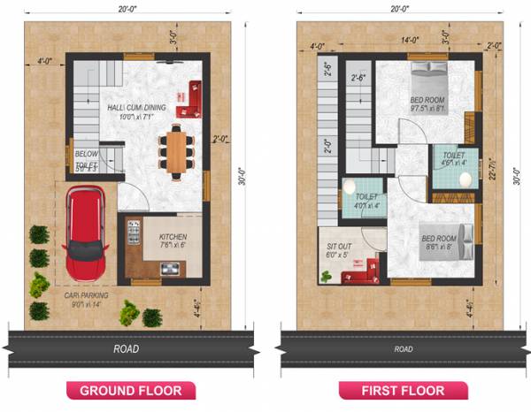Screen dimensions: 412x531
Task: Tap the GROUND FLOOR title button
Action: click(x=131, y=390)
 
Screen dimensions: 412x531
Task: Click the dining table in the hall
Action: click(x=178, y=151)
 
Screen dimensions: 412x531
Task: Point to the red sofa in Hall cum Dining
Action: click(x=190, y=98)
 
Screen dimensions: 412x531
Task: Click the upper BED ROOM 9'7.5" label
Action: click(x=428, y=103)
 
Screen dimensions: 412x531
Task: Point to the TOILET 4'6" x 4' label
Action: click(x=453, y=157)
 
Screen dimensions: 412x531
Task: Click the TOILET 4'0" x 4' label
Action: click(x=364, y=201)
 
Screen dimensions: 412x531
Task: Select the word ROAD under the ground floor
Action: click(x=127, y=349)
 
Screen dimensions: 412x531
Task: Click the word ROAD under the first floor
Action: click(x=403, y=350)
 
